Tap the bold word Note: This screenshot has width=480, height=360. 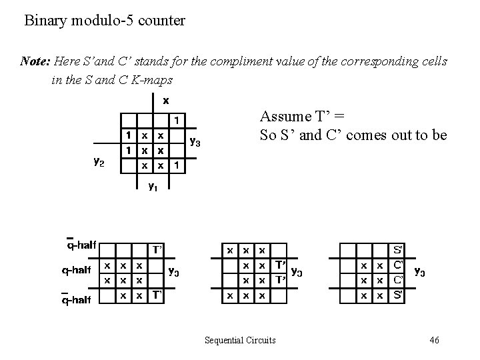[x=35, y=61]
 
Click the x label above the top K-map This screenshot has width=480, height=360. [x=165, y=101]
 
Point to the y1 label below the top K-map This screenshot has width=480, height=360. [x=152, y=187]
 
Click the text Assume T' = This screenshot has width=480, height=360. [x=295, y=117]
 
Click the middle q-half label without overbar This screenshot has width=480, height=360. [x=76, y=271]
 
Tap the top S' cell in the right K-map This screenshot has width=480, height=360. [x=397, y=251]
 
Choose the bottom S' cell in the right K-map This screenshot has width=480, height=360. [x=397, y=293]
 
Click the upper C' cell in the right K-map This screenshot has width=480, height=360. [x=397, y=265]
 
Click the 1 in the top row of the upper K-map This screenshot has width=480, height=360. [x=176, y=120]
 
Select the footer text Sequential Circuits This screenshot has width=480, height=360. [x=240, y=341]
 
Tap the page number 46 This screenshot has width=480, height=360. [x=434, y=341]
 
